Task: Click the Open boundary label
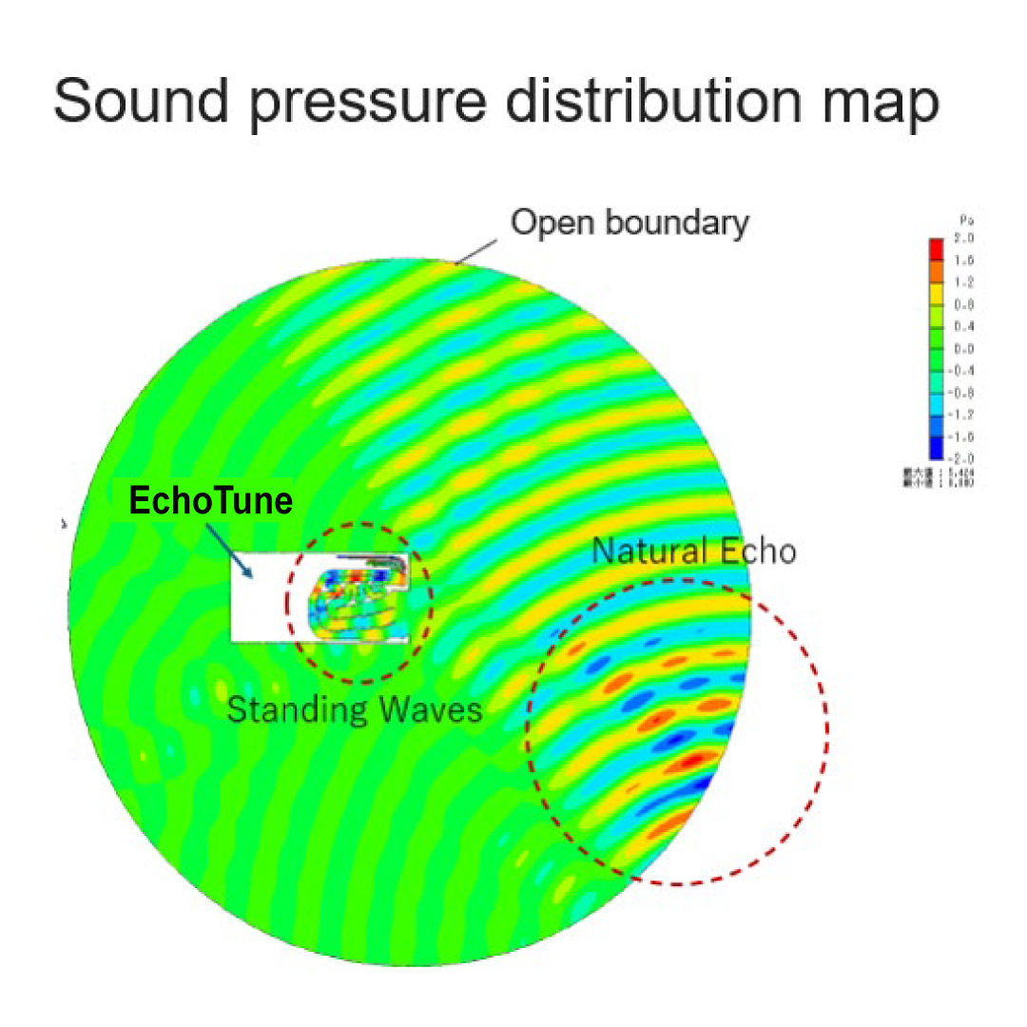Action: pos(630,223)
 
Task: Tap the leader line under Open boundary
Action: pos(478,249)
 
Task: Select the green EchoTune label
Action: pos(210,500)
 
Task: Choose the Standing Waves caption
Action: pos(354,709)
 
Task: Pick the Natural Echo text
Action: pos(694,551)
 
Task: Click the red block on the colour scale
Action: pos(936,248)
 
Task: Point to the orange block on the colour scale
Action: pos(936,271)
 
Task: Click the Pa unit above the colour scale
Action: pos(966,222)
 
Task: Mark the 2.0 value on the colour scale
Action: pos(966,237)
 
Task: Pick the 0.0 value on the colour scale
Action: pos(966,349)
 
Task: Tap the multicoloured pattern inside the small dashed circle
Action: pos(352,604)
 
